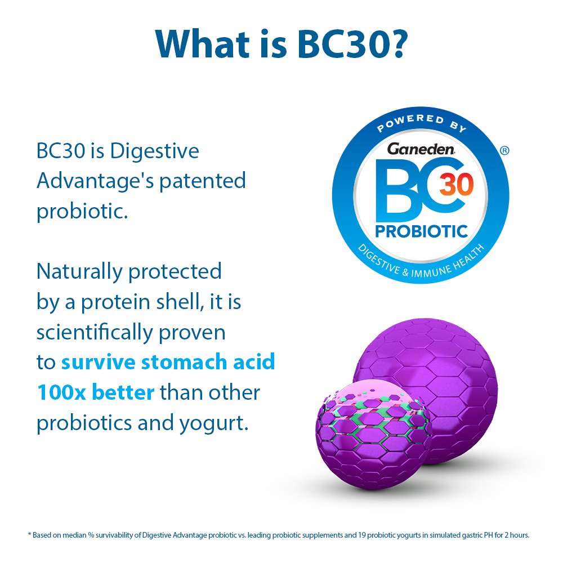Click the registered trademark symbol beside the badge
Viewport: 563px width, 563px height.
point(504,150)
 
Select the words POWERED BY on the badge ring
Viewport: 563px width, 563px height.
point(421,123)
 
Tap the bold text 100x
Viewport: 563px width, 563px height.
point(60,392)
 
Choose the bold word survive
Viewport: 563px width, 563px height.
point(98,362)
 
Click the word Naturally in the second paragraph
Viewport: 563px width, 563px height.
point(79,271)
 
